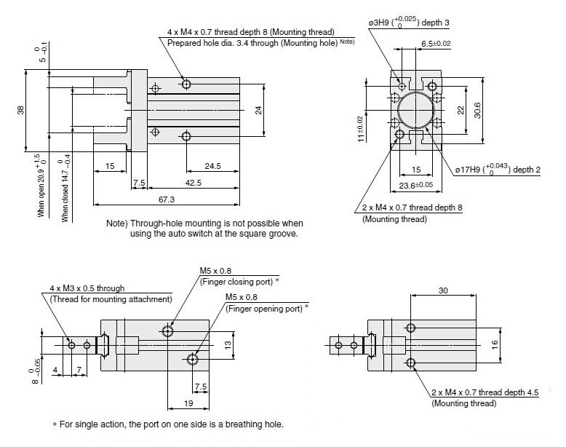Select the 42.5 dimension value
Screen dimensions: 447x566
coord(193,182)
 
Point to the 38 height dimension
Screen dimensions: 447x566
coord(21,110)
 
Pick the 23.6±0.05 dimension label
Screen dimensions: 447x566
coord(416,186)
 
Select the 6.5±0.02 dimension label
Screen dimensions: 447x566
coord(436,44)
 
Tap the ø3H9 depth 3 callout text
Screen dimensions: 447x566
coord(409,23)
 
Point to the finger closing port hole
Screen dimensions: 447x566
coord(169,331)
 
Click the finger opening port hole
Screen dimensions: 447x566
coord(193,358)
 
